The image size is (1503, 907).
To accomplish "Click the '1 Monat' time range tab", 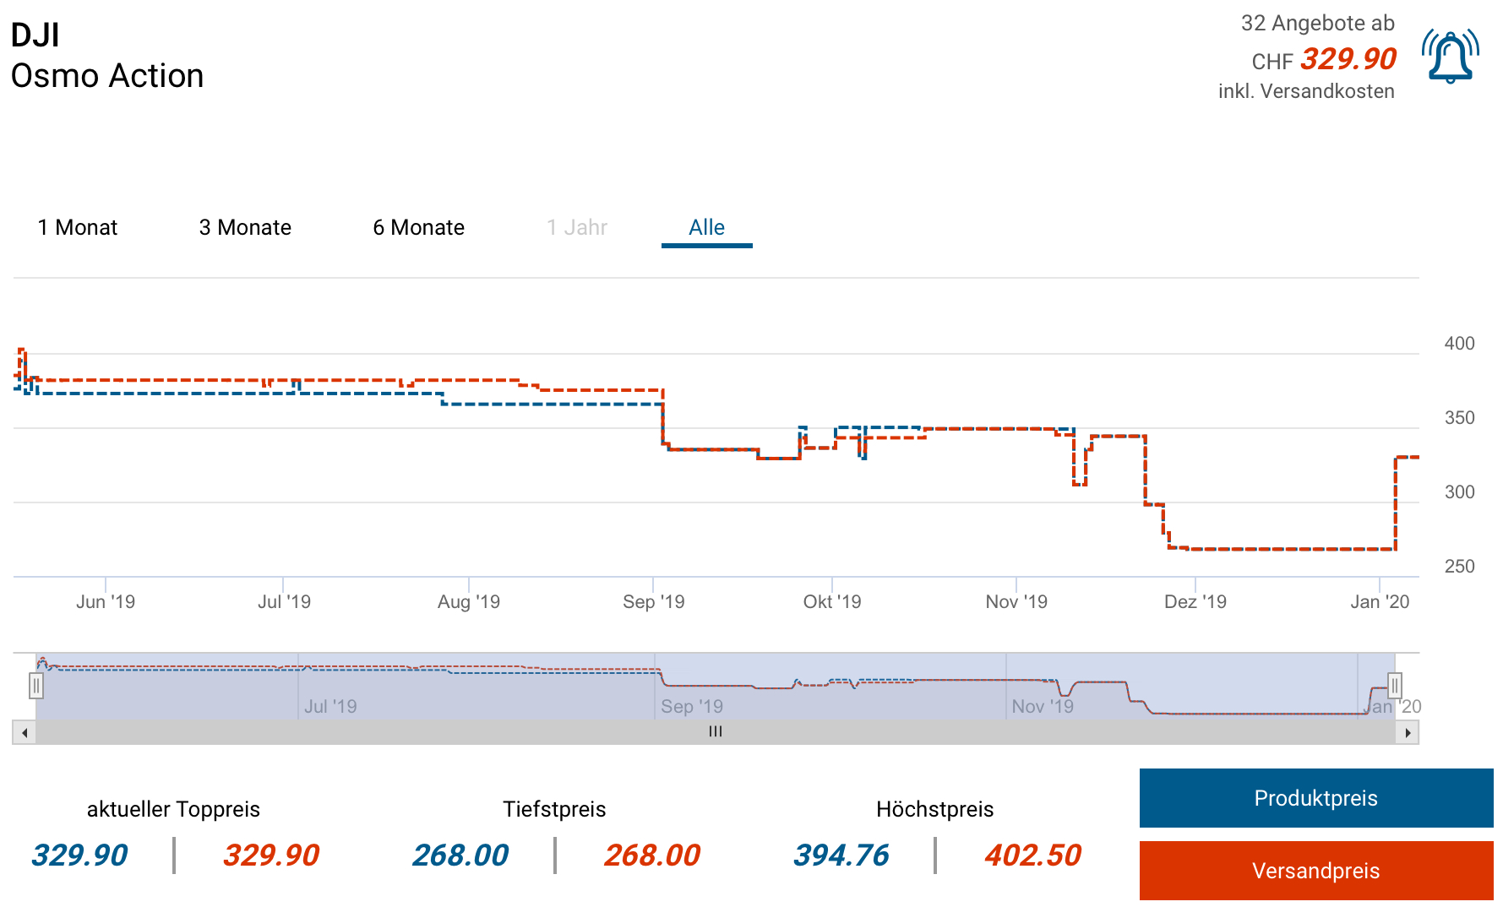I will (x=78, y=227).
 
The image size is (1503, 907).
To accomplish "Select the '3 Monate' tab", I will (x=245, y=227).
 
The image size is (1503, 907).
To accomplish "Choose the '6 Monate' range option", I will (x=419, y=227).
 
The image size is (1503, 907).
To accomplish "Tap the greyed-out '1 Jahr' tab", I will (x=577, y=227).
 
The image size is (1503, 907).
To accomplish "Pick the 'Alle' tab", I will (x=706, y=227).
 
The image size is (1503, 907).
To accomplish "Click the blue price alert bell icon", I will (x=1450, y=57).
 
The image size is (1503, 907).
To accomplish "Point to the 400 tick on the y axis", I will (x=1459, y=344).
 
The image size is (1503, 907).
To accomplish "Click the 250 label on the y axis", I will (x=1459, y=567).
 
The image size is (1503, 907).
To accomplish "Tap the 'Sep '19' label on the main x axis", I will (x=654, y=602).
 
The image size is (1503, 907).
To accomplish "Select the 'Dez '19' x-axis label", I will (x=1195, y=602).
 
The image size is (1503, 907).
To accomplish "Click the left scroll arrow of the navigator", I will (x=25, y=732).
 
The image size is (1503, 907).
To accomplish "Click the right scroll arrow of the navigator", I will (x=1408, y=732).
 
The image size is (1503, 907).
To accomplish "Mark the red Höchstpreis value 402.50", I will (x=1032, y=855).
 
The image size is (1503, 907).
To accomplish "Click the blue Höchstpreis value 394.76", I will (x=841, y=855).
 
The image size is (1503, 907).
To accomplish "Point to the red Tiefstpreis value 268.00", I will (x=652, y=855).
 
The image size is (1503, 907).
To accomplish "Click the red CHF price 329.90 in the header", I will (x=1348, y=59).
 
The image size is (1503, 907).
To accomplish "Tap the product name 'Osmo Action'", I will (x=107, y=76).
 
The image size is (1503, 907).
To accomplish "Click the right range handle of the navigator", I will (x=1395, y=686).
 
